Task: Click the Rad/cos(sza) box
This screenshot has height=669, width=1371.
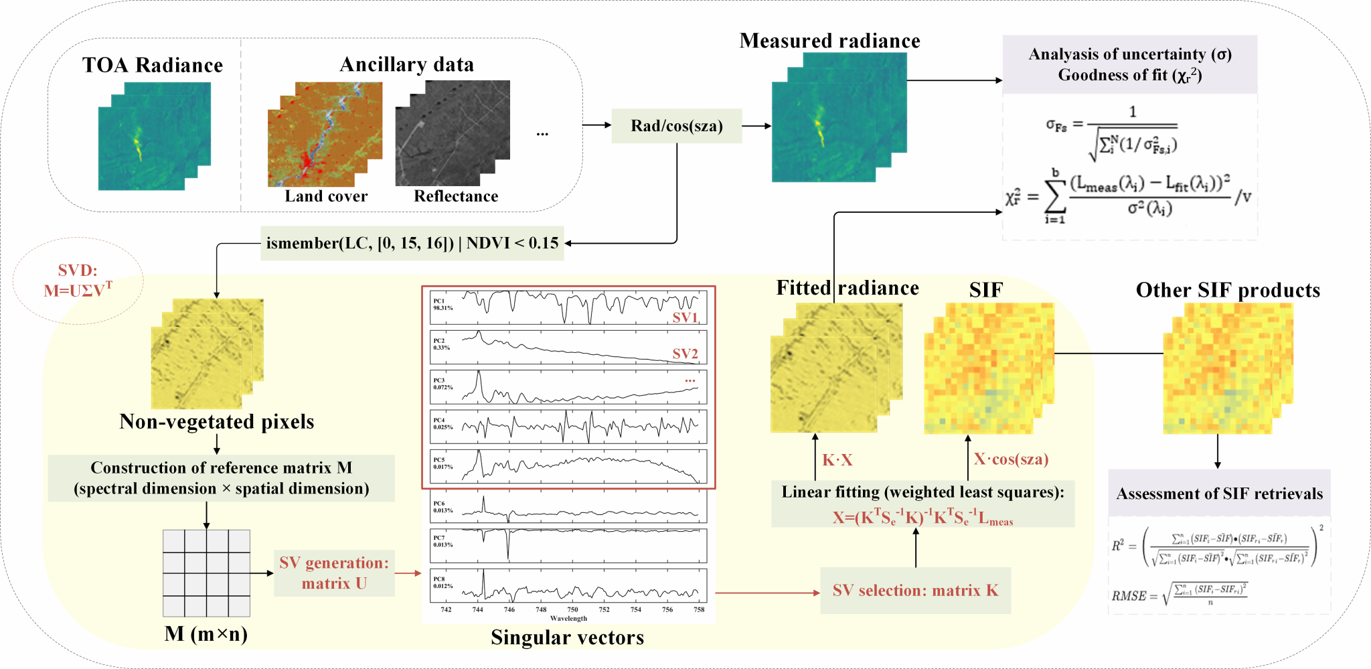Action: pos(677,126)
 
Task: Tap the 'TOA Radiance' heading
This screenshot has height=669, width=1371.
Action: pos(153,65)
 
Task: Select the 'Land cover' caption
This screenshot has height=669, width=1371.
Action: pos(326,196)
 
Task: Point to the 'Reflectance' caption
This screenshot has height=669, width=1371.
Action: pos(456,196)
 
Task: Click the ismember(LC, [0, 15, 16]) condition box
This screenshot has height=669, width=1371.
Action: pos(412,243)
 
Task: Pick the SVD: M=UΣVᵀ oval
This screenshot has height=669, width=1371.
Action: pos(78,281)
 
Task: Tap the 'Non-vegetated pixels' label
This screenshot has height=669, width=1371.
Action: pos(217,422)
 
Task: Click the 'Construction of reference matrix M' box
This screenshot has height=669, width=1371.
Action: pos(222,478)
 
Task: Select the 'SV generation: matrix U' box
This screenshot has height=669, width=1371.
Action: pos(334,573)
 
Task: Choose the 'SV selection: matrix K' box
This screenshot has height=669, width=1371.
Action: pos(915,591)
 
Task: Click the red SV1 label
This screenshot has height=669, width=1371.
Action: pos(685,317)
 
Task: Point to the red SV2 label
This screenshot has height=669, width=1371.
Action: pos(685,354)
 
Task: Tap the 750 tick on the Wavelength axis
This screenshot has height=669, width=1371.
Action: pos(572,609)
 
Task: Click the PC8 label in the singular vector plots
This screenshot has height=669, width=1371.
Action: pos(439,579)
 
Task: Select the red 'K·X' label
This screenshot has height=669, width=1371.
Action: pos(837,460)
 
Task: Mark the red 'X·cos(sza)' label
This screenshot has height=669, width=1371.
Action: pos(1011,459)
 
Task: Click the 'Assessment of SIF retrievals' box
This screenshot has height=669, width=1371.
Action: pos(1219,494)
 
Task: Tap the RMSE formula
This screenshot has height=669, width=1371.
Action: pos(1179,593)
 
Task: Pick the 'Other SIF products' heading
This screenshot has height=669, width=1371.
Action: pos(1228,290)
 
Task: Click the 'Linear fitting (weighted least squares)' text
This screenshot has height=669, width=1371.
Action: pos(922,492)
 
